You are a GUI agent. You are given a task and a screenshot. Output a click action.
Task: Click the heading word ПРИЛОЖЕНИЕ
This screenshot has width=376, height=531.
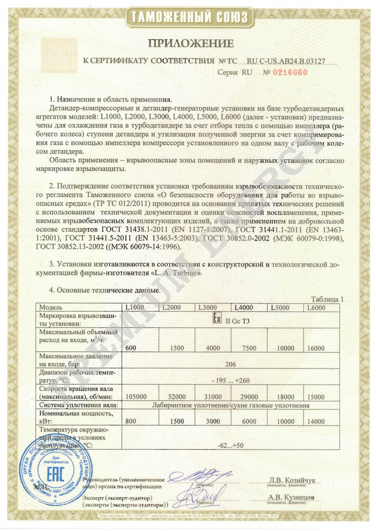(191, 44)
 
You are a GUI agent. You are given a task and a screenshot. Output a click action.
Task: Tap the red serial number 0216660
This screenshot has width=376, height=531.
(290, 72)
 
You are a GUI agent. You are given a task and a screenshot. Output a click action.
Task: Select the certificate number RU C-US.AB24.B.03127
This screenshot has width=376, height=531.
(286, 61)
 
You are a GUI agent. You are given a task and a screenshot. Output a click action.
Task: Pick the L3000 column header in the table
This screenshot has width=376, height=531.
(208, 308)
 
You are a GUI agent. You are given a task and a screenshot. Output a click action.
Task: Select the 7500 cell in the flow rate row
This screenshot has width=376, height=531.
(249, 348)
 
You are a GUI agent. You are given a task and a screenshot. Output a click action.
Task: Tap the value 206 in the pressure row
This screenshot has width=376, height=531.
(230, 364)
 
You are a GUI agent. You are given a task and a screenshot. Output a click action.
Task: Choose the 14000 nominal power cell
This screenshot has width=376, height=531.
(316, 421)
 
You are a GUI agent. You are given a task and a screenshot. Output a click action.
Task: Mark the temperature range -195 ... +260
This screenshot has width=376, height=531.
(231, 381)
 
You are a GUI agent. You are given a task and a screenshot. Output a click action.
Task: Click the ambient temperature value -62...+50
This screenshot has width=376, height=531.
(230, 446)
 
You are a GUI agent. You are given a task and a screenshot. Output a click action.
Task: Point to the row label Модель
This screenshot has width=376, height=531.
(51, 308)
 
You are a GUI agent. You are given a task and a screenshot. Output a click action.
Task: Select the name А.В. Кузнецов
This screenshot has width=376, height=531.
(291, 497)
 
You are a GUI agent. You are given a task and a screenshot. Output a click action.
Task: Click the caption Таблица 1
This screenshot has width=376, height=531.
(327, 299)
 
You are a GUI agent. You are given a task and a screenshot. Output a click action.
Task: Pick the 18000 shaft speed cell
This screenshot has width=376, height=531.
(285, 397)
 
